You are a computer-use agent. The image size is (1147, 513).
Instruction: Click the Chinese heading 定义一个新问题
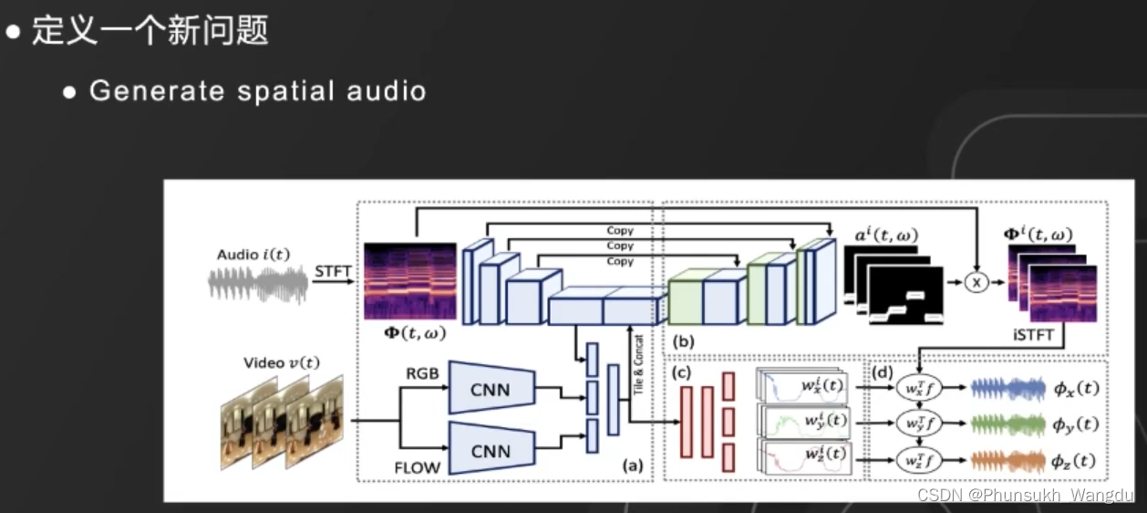(x=150, y=31)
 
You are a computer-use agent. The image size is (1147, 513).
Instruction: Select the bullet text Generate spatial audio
(x=257, y=90)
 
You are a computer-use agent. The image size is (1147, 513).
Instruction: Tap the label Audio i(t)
(x=253, y=255)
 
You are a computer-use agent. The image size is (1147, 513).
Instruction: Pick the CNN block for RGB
(x=491, y=391)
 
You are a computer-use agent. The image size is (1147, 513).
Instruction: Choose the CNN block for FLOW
(x=491, y=449)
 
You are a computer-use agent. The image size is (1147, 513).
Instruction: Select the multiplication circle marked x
(x=976, y=284)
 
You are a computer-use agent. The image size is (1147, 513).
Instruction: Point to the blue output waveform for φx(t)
(x=1007, y=388)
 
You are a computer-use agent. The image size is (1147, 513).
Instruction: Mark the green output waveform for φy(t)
(x=1007, y=424)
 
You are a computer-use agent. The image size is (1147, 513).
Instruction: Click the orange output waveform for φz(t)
(x=1007, y=460)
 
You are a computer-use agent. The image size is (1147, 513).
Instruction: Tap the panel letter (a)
(x=632, y=466)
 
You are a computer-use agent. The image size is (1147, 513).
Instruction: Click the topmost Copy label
(x=620, y=230)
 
